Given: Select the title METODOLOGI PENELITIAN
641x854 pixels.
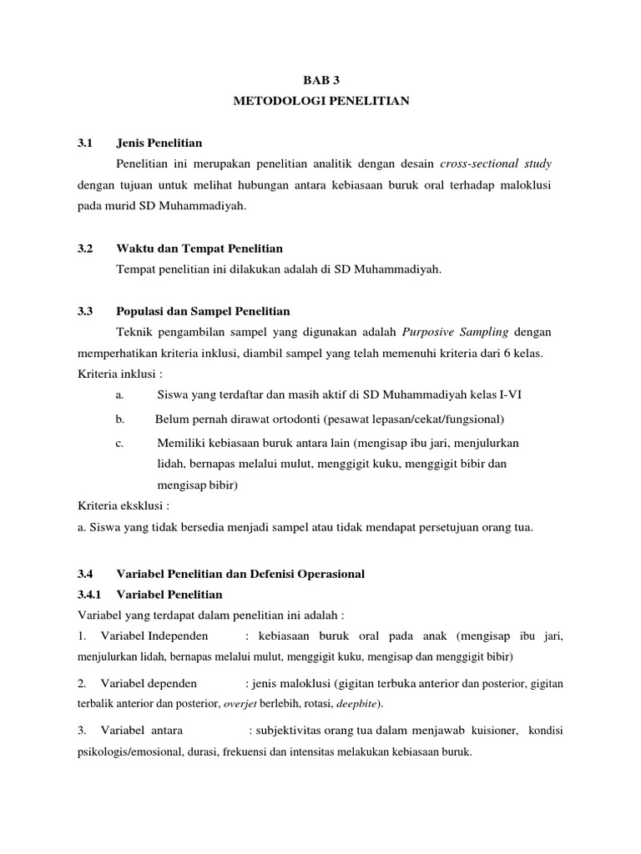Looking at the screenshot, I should tap(320, 102).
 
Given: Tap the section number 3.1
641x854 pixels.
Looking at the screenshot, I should tap(83, 143).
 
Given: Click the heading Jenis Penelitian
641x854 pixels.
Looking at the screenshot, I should tap(159, 143).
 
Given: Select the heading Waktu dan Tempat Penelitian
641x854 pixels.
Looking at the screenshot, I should tap(199, 249).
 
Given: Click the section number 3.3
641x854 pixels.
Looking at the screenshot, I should tap(83, 311).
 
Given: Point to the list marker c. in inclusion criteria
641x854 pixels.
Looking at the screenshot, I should tap(120, 443).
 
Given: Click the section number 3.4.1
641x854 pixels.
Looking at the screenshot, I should tap(88, 595).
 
